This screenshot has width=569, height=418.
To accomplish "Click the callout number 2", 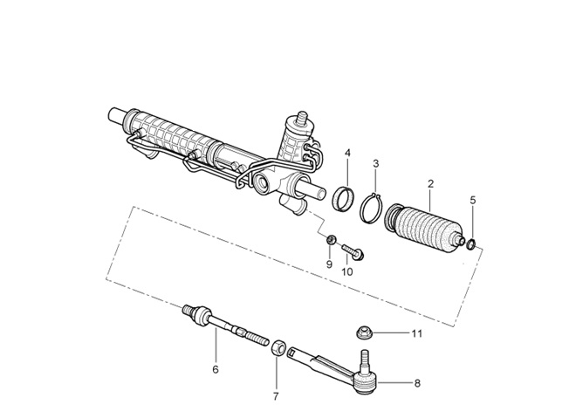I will tap(430, 184).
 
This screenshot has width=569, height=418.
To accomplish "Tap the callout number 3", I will tap(376, 163).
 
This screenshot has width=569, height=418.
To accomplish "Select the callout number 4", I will tap(347, 154).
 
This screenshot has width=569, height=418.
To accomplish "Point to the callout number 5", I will tap(473, 200).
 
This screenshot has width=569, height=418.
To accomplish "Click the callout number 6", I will tap(215, 369).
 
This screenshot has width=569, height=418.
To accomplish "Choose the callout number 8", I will tap(416, 382).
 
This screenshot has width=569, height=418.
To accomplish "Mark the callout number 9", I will tap(329, 264).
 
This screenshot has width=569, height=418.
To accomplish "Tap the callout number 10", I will tap(346, 271).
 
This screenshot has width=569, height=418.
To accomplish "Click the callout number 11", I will tap(416, 333).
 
